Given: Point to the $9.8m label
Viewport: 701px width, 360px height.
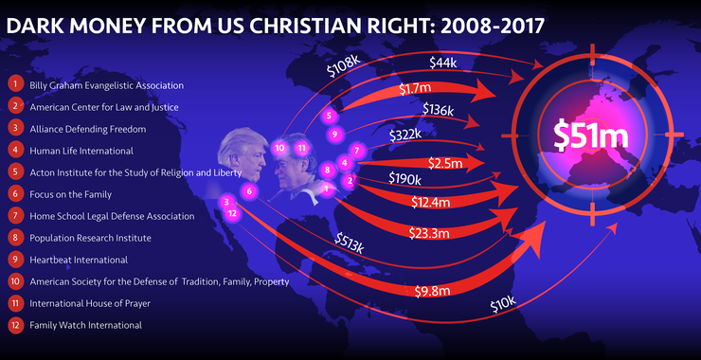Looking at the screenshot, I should click(x=432, y=292).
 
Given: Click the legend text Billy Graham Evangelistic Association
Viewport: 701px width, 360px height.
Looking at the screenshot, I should click(x=106, y=85).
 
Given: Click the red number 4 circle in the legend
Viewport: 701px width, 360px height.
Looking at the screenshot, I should click(x=15, y=150).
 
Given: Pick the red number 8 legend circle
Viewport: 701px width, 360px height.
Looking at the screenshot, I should click(x=15, y=237).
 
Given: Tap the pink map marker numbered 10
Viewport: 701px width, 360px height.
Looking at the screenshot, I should click(x=279, y=148).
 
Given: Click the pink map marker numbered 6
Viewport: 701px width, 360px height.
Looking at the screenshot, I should click(x=250, y=190).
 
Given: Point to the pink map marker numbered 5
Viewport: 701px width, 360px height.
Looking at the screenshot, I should click(x=329, y=117).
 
